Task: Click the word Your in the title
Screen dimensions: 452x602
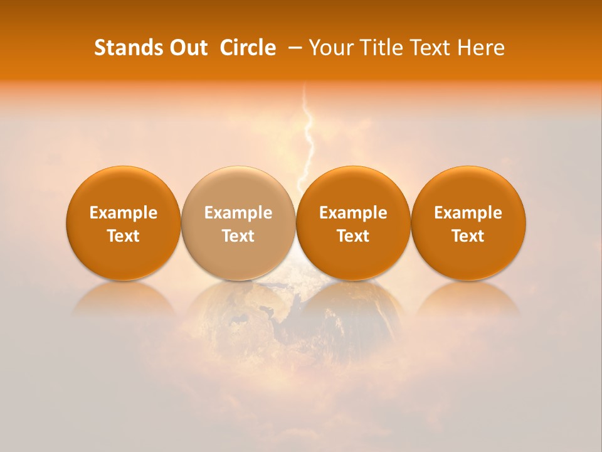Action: pos(329,48)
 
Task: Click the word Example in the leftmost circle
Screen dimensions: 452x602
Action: pos(124,213)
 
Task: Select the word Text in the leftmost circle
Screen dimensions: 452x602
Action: pos(124,236)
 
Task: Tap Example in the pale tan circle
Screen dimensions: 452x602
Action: pos(238,213)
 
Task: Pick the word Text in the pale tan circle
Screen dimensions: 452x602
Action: pos(238,236)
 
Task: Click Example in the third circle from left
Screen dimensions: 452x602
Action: pos(353,213)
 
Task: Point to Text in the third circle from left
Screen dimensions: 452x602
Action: pos(353,236)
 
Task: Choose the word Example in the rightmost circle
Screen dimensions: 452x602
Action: pos(468,213)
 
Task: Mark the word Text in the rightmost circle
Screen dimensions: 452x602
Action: pos(468,236)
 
